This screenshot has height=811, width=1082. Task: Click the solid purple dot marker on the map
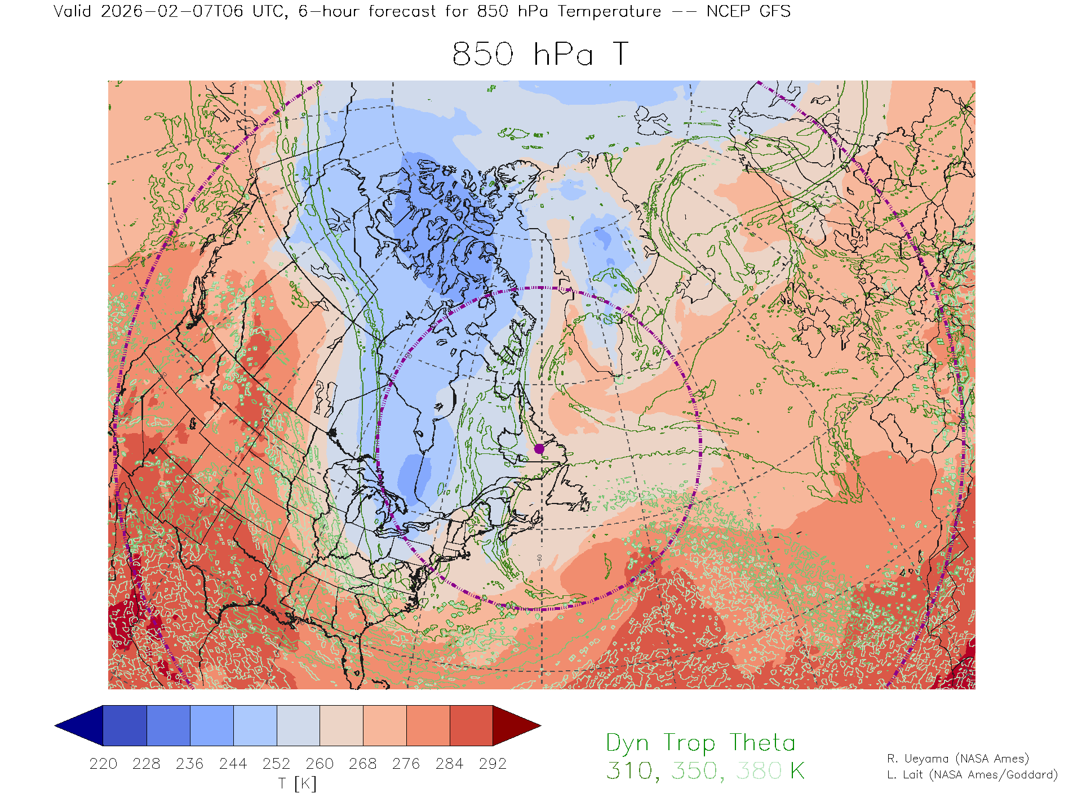tap(539, 449)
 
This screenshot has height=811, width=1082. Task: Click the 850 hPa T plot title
tap(540, 55)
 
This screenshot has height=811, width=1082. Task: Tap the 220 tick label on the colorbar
tap(103, 764)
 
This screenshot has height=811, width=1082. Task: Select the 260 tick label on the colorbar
tap(320, 764)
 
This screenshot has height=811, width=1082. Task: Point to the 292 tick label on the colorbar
tap(493, 764)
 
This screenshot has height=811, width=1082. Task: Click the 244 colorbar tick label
tap(233, 764)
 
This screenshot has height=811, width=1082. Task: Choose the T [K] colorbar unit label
tap(298, 783)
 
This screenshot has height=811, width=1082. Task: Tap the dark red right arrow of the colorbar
tap(516, 725)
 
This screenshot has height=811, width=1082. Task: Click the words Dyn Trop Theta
tap(700, 743)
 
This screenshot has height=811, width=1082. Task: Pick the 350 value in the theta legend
tap(694, 771)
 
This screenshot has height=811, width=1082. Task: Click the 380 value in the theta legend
tap(759, 771)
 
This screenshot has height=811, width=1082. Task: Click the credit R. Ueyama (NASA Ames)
tap(958, 759)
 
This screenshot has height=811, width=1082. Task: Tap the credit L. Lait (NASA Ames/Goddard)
tap(972, 775)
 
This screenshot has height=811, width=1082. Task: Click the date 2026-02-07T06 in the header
tap(172, 11)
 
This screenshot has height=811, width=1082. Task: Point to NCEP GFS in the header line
tap(748, 11)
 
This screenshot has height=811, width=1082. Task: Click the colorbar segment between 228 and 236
tap(168, 725)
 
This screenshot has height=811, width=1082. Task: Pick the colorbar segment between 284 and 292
tap(471, 725)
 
